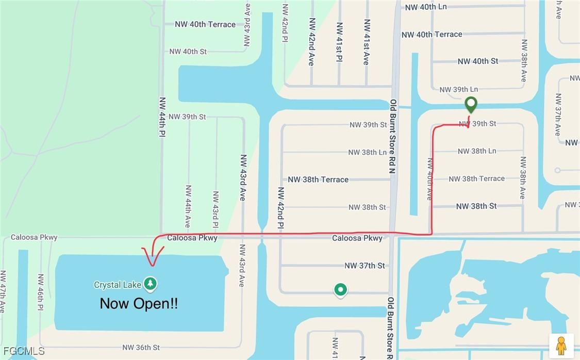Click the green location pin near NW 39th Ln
pyautogui.click(x=471, y=104)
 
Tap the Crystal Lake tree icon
pyautogui.click(x=151, y=284)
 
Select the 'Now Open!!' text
pyautogui.click(x=139, y=304)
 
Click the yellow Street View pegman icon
pyautogui.click(x=561, y=345)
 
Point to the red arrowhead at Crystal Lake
pyautogui.click(x=152, y=256)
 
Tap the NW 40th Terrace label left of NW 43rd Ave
pyautogui.click(x=205, y=24)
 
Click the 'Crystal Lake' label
pyautogui.click(x=118, y=285)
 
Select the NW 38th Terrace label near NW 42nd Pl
pyautogui.click(x=318, y=179)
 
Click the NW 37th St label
pyautogui.click(x=364, y=266)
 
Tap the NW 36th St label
pyautogui.click(x=141, y=348)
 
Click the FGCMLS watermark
pyautogui.click(x=23, y=351)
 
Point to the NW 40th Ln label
pyautogui.click(x=426, y=7)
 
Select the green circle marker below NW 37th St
pyautogui.click(x=340, y=290)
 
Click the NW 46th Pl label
pyautogui.click(x=41, y=292)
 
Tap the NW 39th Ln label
pyautogui.click(x=458, y=90)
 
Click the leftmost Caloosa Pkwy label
pyautogui.click(x=34, y=237)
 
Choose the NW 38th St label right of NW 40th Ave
pyautogui.click(x=476, y=206)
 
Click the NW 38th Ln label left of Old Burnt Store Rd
pyautogui.click(x=367, y=152)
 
